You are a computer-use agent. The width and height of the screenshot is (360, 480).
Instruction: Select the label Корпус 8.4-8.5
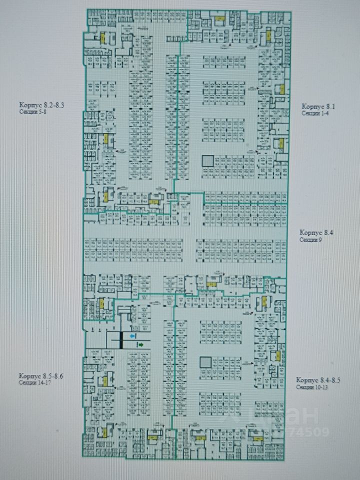tap(318, 379)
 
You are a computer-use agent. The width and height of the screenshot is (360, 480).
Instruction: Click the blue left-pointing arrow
tap(131, 336)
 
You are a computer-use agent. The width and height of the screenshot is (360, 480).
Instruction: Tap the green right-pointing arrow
tap(141, 344)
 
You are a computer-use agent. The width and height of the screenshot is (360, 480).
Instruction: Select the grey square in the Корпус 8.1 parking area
tap(207, 161)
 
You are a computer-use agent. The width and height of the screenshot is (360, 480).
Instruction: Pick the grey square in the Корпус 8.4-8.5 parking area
tap(204, 362)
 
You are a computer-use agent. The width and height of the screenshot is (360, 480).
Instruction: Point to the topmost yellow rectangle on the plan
tap(218, 18)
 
